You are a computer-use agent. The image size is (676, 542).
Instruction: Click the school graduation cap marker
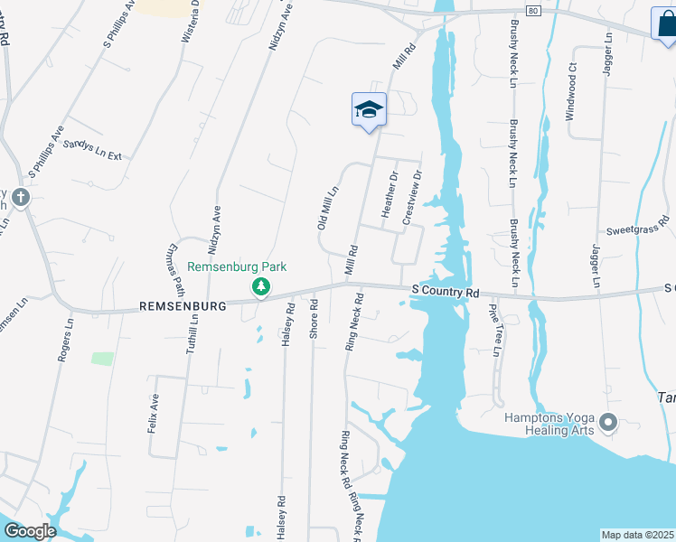click(369, 110)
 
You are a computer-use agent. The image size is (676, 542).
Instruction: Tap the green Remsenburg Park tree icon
click(261, 286)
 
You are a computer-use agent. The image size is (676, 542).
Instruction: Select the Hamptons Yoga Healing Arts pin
click(607, 422)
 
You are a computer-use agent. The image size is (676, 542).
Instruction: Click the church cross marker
click(20, 195)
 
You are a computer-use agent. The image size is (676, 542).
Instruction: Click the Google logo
click(30, 531)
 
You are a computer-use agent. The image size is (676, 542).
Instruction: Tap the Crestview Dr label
click(411, 198)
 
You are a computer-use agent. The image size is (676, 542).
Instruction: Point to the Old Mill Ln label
click(327, 207)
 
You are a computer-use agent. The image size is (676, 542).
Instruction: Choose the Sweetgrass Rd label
click(637, 225)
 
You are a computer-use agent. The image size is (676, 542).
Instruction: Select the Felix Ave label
click(155, 413)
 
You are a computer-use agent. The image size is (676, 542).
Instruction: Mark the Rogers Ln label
click(64, 339)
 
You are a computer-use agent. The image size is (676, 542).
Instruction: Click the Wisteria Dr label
click(191, 22)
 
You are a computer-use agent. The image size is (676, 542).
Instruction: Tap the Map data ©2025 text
click(638, 535)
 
